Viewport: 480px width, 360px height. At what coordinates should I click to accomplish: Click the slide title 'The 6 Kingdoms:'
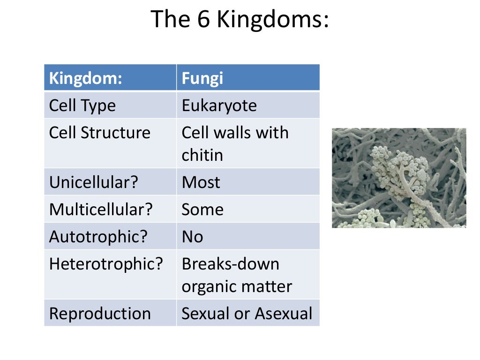(x=240, y=20)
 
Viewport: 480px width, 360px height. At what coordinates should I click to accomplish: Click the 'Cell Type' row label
(x=82, y=105)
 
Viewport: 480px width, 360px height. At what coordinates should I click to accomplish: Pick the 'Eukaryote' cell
(x=219, y=105)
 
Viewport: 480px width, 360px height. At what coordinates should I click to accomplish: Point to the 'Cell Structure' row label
(x=99, y=133)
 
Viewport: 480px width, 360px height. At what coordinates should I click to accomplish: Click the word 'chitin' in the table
(x=202, y=155)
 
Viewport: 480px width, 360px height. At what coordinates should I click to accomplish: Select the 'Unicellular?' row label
(x=94, y=182)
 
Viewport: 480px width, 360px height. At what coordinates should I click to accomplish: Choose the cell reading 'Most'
(x=201, y=182)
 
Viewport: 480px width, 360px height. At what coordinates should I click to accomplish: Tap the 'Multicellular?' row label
(x=101, y=209)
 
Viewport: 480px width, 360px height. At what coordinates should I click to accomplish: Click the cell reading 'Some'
(x=202, y=209)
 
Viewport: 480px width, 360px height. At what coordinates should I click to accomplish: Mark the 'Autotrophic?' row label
(x=98, y=236)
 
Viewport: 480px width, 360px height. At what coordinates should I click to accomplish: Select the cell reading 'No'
(x=192, y=236)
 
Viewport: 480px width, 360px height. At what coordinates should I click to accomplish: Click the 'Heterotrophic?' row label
(x=106, y=264)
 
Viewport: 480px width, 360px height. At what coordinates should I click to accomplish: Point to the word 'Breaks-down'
(x=230, y=264)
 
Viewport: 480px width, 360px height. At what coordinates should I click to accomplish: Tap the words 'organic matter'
(x=236, y=286)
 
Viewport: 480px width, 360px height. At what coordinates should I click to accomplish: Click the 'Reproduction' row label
(x=100, y=314)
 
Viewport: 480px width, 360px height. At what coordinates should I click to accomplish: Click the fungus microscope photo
(x=399, y=178)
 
